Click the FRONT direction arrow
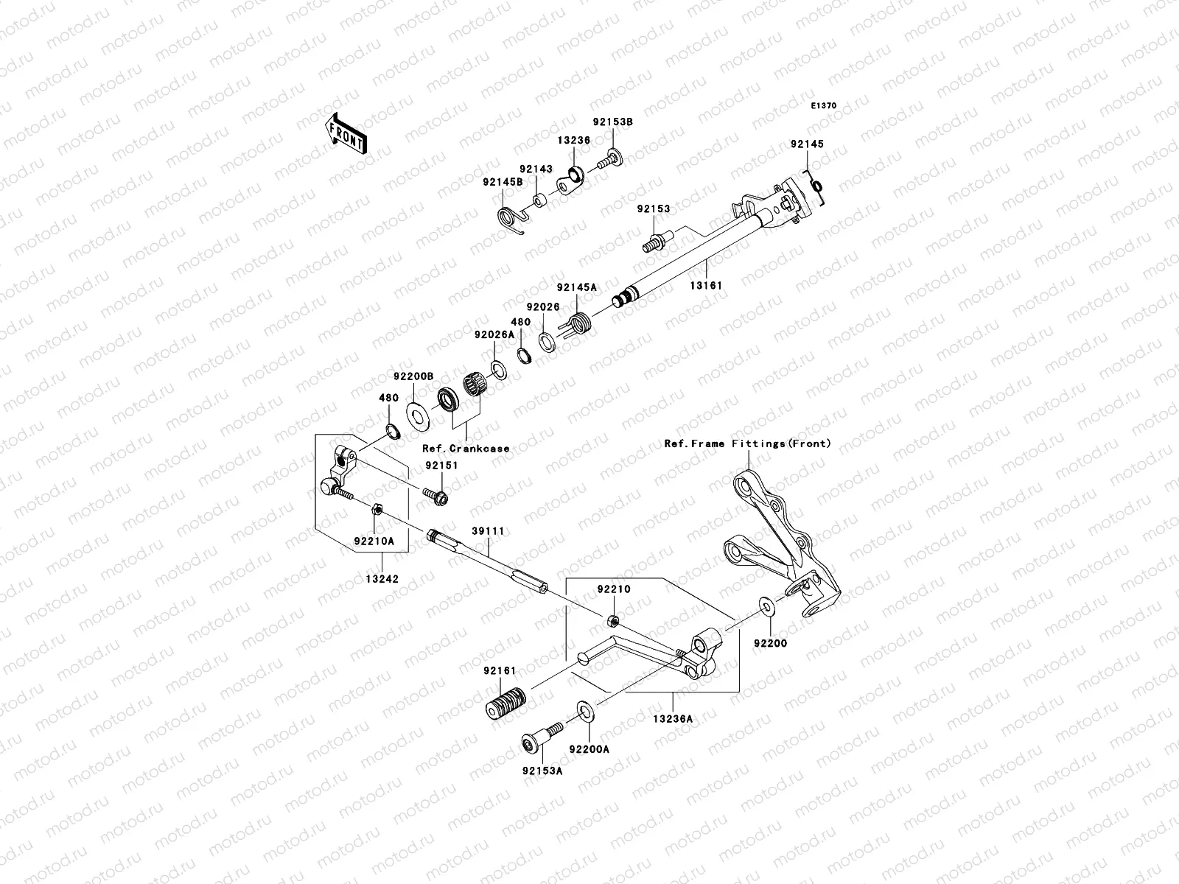tap(346, 133)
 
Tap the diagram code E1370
tap(824, 106)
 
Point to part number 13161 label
tap(706, 285)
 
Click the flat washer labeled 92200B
tap(418, 415)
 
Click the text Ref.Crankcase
tap(466, 448)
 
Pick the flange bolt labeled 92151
tap(435, 496)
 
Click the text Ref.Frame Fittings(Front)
tap(747, 443)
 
